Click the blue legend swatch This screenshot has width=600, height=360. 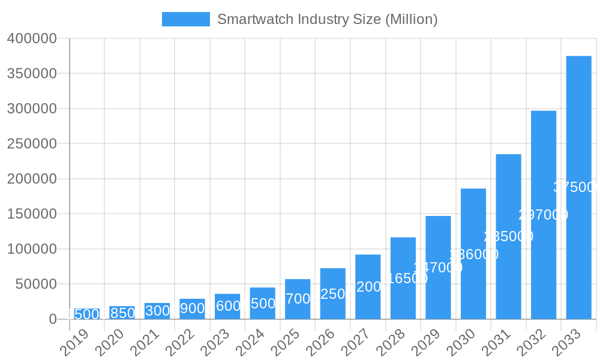[x=185, y=19]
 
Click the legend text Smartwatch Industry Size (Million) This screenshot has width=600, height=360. [x=327, y=19]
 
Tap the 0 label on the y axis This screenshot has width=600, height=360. [x=53, y=319]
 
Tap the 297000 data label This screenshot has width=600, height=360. [x=543, y=215]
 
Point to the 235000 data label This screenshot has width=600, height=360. [x=508, y=236]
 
